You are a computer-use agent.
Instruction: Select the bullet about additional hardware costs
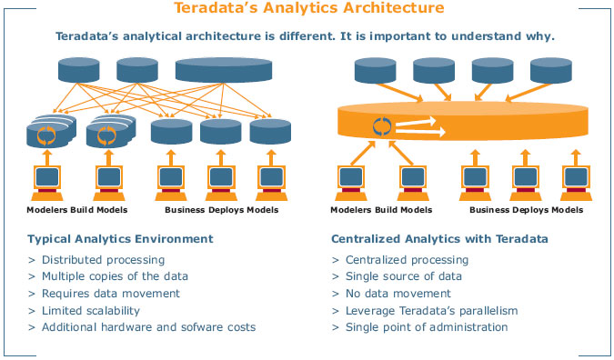tap(148, 326)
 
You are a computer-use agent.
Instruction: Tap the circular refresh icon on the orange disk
tap(380, 126)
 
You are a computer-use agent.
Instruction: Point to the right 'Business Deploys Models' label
tap(525, 209)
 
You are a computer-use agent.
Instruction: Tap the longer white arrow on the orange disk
tap(426, 134)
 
